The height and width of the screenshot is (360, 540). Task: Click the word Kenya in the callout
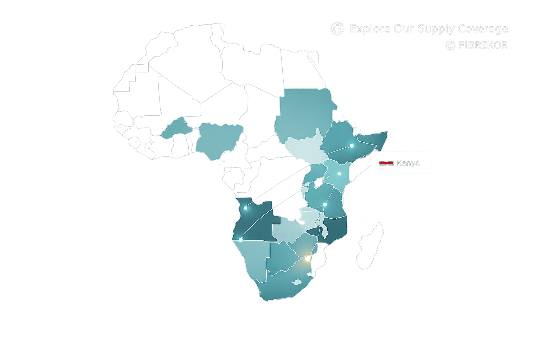point(408,163)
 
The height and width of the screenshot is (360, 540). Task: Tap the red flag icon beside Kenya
point(386,163)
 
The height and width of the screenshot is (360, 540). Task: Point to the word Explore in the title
point(370,28)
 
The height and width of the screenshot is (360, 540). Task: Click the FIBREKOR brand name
point(483,45)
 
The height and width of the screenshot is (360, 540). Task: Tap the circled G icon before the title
point(337,28)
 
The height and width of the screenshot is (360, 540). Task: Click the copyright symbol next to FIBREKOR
point(450,45)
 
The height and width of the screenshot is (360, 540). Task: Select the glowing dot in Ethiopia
point(352,146)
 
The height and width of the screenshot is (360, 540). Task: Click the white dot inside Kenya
point(339,173)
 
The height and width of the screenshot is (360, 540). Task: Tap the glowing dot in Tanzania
point(325,205)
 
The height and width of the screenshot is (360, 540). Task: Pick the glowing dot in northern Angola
point(245,208)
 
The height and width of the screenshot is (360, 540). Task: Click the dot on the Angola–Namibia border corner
point(241,240)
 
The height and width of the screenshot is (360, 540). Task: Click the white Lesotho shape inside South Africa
point(297,282)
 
